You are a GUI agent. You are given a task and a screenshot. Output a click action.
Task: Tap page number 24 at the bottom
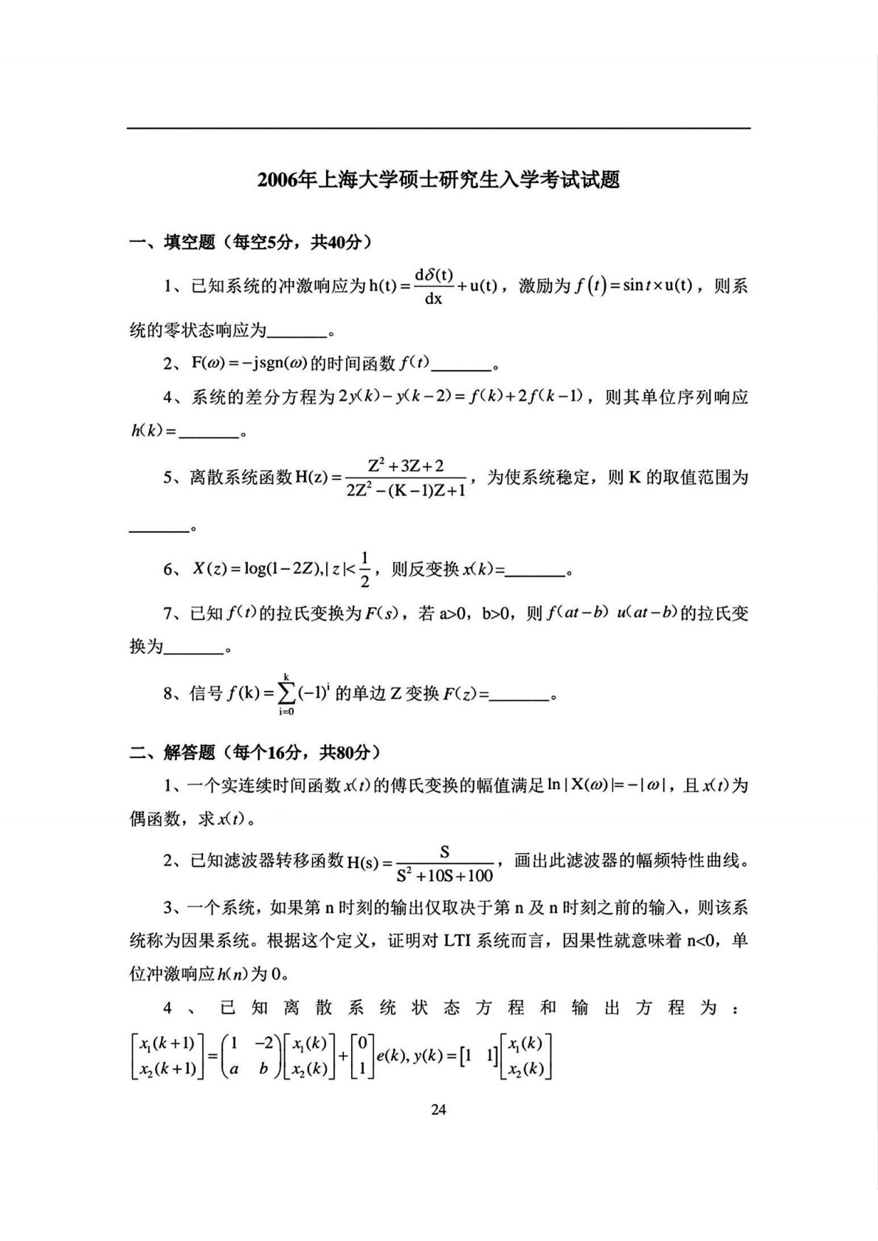pyautogui.click(x=438, y=1110)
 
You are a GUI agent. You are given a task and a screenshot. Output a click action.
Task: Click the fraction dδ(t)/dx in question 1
pyautogui.click(x=433, y=286)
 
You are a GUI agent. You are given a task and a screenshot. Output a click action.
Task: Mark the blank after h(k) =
pyautogui.click(x=210, y=434)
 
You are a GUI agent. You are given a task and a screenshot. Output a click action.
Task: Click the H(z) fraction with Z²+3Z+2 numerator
pyautogui.click(x=405, y=477)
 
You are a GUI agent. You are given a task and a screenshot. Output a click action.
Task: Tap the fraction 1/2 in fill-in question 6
pyautogui.click(x=365, y=569)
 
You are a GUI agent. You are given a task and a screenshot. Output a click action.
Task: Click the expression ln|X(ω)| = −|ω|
pyautogui.click(x=607, y=785)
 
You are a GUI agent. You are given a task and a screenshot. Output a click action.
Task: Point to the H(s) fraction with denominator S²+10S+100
pyautogui.click(x=445, y=863)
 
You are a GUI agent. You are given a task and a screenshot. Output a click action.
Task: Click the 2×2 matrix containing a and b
pyautogui.click(x=251, y=1055)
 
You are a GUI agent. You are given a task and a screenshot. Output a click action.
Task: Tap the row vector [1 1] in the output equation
pyautogui.click(x=477, y=1056)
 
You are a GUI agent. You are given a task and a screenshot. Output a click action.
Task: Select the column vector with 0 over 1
pyautogui.click(x=362, y=1055)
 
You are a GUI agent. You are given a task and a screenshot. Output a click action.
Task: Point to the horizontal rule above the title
pyautogui.click(x=438, y=129)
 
